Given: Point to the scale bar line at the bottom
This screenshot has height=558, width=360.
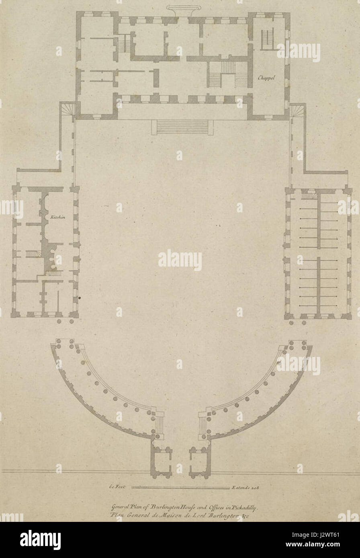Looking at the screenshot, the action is click(178, 488).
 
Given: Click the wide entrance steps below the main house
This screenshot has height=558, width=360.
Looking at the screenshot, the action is click(182, 127).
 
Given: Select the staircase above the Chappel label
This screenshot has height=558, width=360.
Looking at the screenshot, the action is click(268, 39).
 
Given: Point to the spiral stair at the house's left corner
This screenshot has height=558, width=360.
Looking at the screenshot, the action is click(68, 109).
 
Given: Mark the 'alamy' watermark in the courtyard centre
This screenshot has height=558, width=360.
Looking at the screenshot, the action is click(180, 260).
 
